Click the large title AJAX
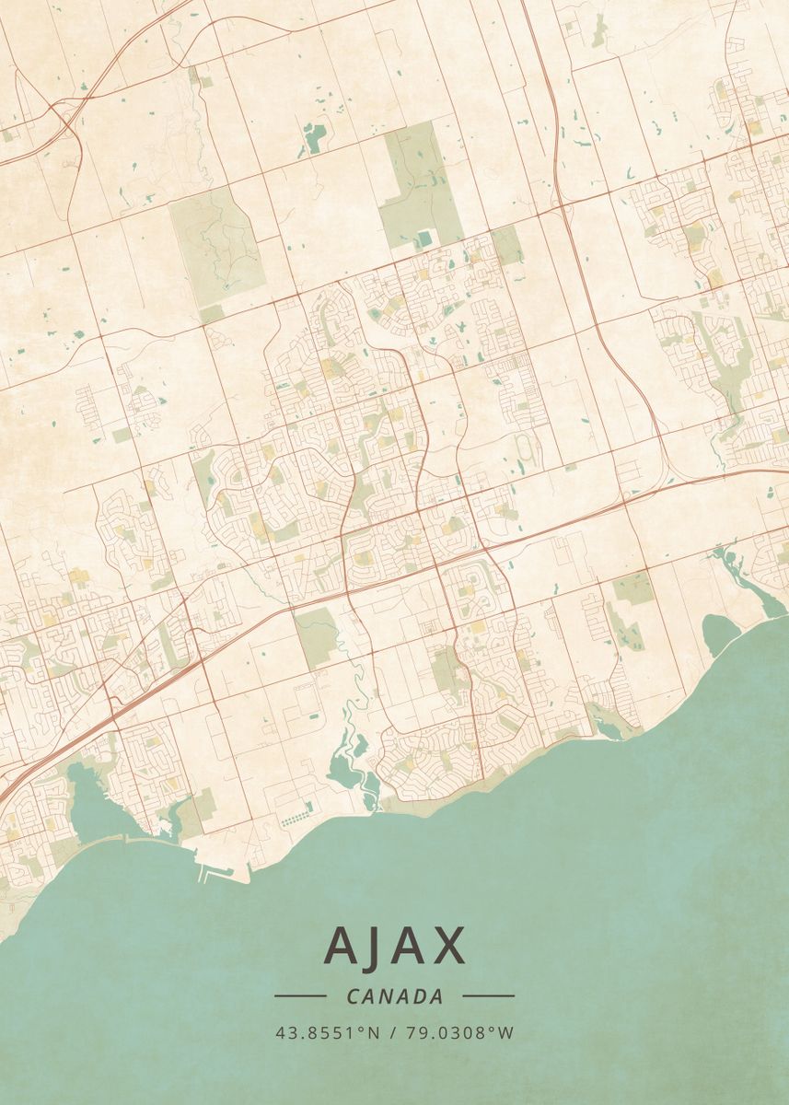click(x=394, y=945)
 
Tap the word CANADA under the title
click(x=394, y=996)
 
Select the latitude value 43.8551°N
click(x=327, y=1032)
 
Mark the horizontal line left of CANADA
click(x=299, y=995)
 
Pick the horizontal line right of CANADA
click(x=488, y=995)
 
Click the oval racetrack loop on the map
click(x=527, y=448)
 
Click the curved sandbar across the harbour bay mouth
click(x=120, y=839)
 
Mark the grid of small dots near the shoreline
click(x=297, y=819)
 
